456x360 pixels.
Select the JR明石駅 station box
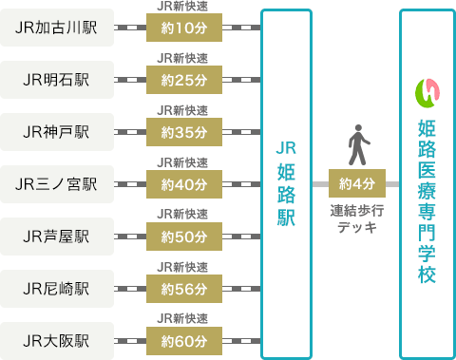tap(57, 80)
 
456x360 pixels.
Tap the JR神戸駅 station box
tap(57, 131)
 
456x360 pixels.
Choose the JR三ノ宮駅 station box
tap(57, 183)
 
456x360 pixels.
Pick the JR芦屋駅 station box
tap(57, 235)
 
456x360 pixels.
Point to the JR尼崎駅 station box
tap(57, 287)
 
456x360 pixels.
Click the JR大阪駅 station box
tap(57, 338)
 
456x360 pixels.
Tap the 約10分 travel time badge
tap(184, 28)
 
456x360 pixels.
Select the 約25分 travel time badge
tap(184, 80)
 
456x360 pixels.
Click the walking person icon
tap(357, 143)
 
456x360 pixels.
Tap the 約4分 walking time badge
tap(356, 183)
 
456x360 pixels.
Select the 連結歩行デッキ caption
tap(356, 218)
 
